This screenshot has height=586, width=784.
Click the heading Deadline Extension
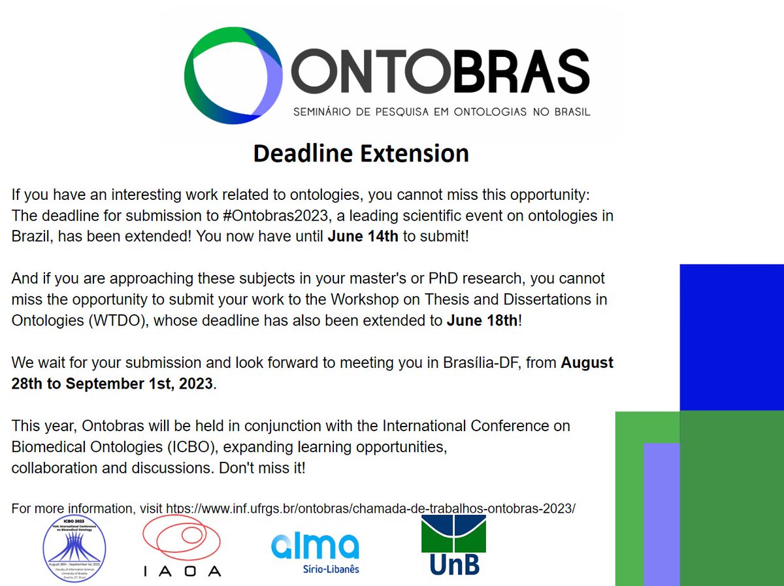tap(361, 154)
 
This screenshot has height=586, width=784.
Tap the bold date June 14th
tap(363, 236)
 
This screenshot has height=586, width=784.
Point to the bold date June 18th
tap(482, 321)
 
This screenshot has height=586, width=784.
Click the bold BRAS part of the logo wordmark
tap(519, 71)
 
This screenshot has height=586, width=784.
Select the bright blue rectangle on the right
tap(732, 336)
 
